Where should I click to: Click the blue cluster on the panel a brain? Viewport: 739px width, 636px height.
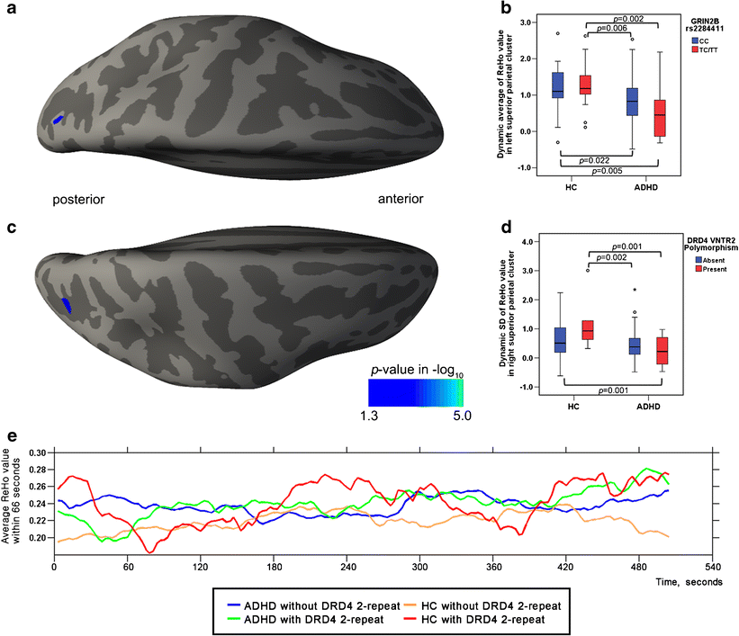tap(58, 120)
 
